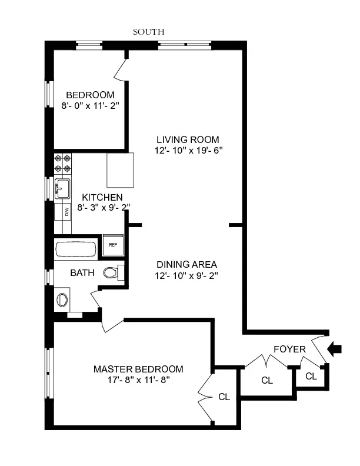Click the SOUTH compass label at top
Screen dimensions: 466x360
(x=148, y=32)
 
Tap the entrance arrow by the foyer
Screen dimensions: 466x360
(x=334, y=349)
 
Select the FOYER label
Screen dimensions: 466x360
(x=289, y=349)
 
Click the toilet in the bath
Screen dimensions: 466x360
(x=112, y=272)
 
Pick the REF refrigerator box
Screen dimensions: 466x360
(x=113, y=245)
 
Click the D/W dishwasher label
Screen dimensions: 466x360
(x=66, y=212)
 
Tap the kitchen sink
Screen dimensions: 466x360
(x=62, y=189)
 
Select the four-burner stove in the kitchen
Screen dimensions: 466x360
(x=63, y=163)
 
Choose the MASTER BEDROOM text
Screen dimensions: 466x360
(x=138, y=369)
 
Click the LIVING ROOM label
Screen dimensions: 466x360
(x=188, y=139)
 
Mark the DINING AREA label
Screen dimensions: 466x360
(x=187, y=264)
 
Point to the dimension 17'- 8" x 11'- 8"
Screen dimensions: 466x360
(x=138, y=380)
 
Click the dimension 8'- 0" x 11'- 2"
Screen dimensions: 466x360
(x=90, y=106)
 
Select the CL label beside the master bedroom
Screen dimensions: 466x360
(x=224, y=397)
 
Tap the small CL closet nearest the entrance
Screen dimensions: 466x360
(x=311, y=376)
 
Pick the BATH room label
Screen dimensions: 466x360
(x=82, y=273)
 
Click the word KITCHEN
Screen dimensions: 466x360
(x=102, y=197)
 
